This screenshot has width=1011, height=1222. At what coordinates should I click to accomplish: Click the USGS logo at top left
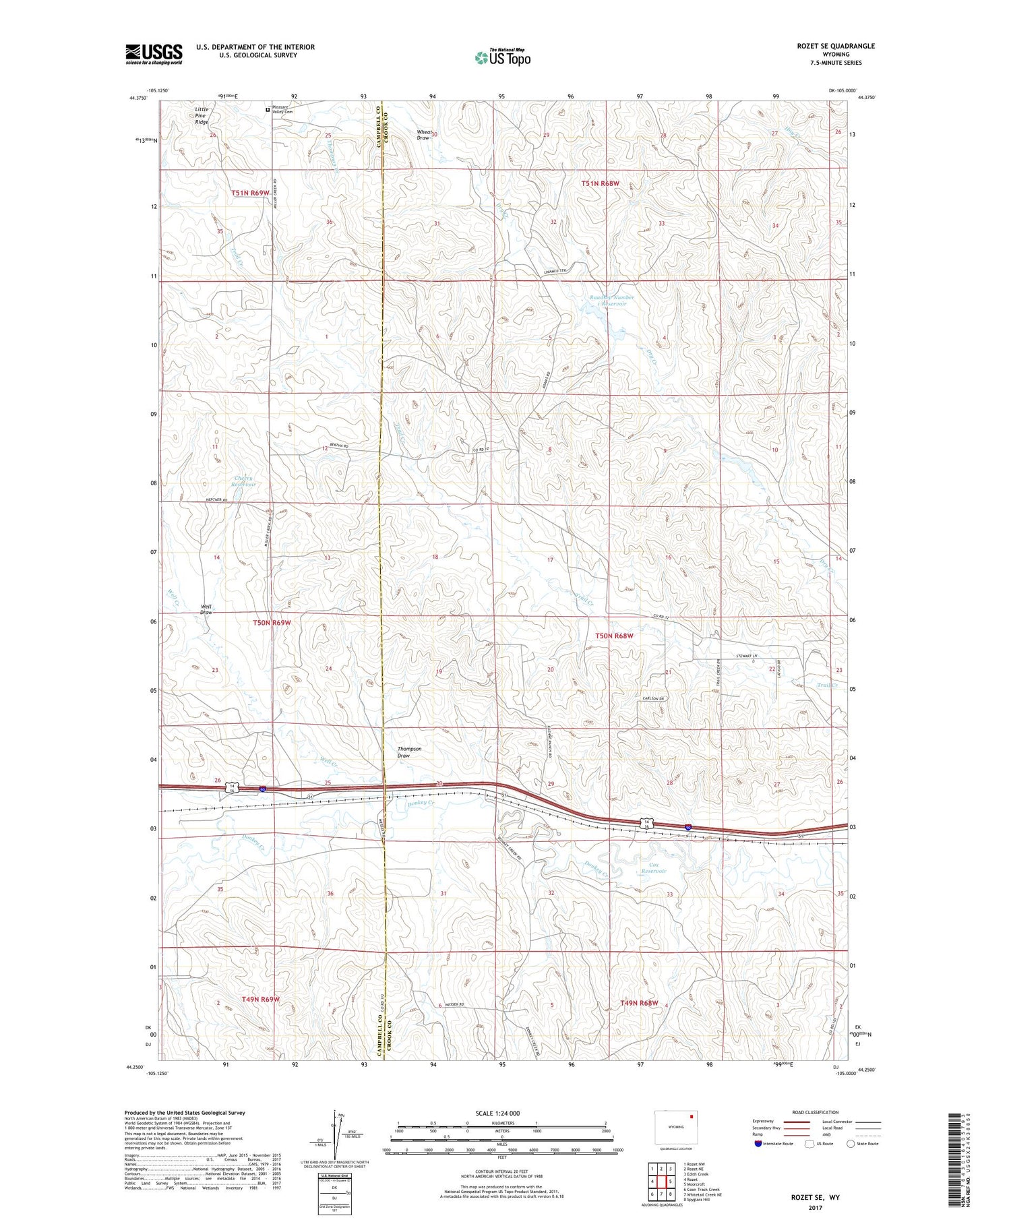[154, 54]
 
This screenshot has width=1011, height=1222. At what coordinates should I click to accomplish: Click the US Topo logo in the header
[502, 57]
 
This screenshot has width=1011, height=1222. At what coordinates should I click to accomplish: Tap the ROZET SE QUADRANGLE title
[835, 46]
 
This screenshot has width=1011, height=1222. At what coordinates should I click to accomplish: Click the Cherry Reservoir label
[244, 481]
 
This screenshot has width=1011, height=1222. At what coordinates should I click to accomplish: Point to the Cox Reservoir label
[653, 868]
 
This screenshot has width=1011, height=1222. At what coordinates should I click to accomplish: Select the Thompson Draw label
[409, 752]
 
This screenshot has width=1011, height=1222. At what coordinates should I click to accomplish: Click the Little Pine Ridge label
[202, 115]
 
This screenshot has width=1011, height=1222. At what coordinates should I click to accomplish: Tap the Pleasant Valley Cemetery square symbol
[268, 109]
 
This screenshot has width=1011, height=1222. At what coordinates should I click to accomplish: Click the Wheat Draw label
[424, 135]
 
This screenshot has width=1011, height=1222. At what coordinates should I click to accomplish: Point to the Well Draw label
[206, 610]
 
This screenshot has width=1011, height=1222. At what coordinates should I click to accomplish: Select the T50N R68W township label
[614, 636]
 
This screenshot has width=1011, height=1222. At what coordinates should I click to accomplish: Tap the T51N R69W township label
[250, 193]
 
